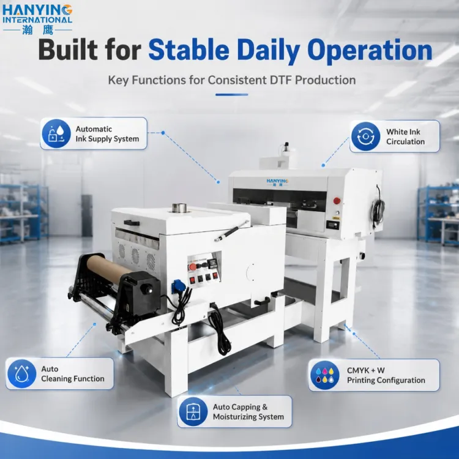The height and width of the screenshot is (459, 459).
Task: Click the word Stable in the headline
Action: pyautogui.click(x=188, y=50)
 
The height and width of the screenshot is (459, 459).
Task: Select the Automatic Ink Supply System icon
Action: pyautogui.click(x=56, y=133)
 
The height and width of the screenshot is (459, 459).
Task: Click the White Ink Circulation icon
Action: pyautogui.click(x=365, y=136)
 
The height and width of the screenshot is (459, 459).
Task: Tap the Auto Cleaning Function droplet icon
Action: pyautogui.click(x=21, y=374)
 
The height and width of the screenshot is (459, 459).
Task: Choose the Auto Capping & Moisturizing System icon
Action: pyautogui.click(x=193, y=412)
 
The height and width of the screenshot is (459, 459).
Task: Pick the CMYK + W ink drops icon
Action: pyautogui.click(x=324, y=375)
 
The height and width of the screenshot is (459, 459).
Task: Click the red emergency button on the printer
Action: pyautogui.click(x=337, y=201)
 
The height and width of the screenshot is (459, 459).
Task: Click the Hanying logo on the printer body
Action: pyautogui.click(x=277, y=182)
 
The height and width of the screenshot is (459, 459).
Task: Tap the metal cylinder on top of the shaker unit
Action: pyautogui.click(x=179, y=208)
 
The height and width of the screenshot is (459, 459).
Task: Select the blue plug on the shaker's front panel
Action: pyautogui.click(x=177, y=285)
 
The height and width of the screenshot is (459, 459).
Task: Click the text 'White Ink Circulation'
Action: pyautogui.click(x=405, y=136)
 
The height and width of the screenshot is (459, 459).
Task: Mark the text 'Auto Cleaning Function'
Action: pyautogui.click(x=73, y=374)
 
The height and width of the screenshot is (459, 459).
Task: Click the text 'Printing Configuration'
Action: pyautogui.click(x=386, y=380)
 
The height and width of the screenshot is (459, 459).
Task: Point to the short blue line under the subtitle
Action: pyautogui.click(x=231, y=94)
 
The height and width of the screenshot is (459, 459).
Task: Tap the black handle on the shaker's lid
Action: pyautogui.click(x=132, y=223)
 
